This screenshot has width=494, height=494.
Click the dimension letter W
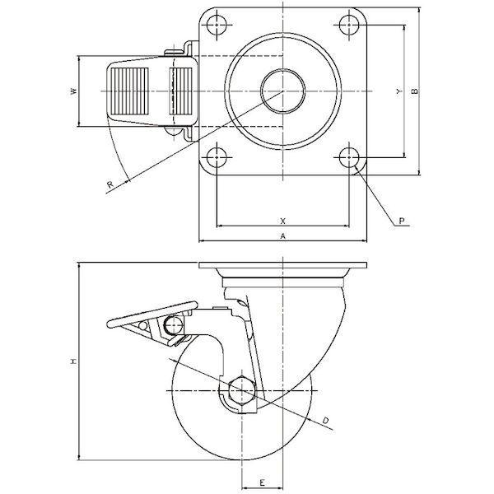coord(74,91)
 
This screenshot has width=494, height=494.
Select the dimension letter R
coord(110,184)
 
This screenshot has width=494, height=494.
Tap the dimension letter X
coord(283,221)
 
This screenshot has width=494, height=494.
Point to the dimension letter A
coord(283,236)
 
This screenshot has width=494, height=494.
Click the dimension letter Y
coord(399,91)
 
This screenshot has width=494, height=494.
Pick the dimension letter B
coord(415,91)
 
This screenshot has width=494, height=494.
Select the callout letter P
coord(402,221)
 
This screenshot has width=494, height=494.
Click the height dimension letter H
coord(74,361)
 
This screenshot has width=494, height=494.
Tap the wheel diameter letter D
coord(325,420)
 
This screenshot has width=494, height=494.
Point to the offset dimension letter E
coord(262,482)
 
